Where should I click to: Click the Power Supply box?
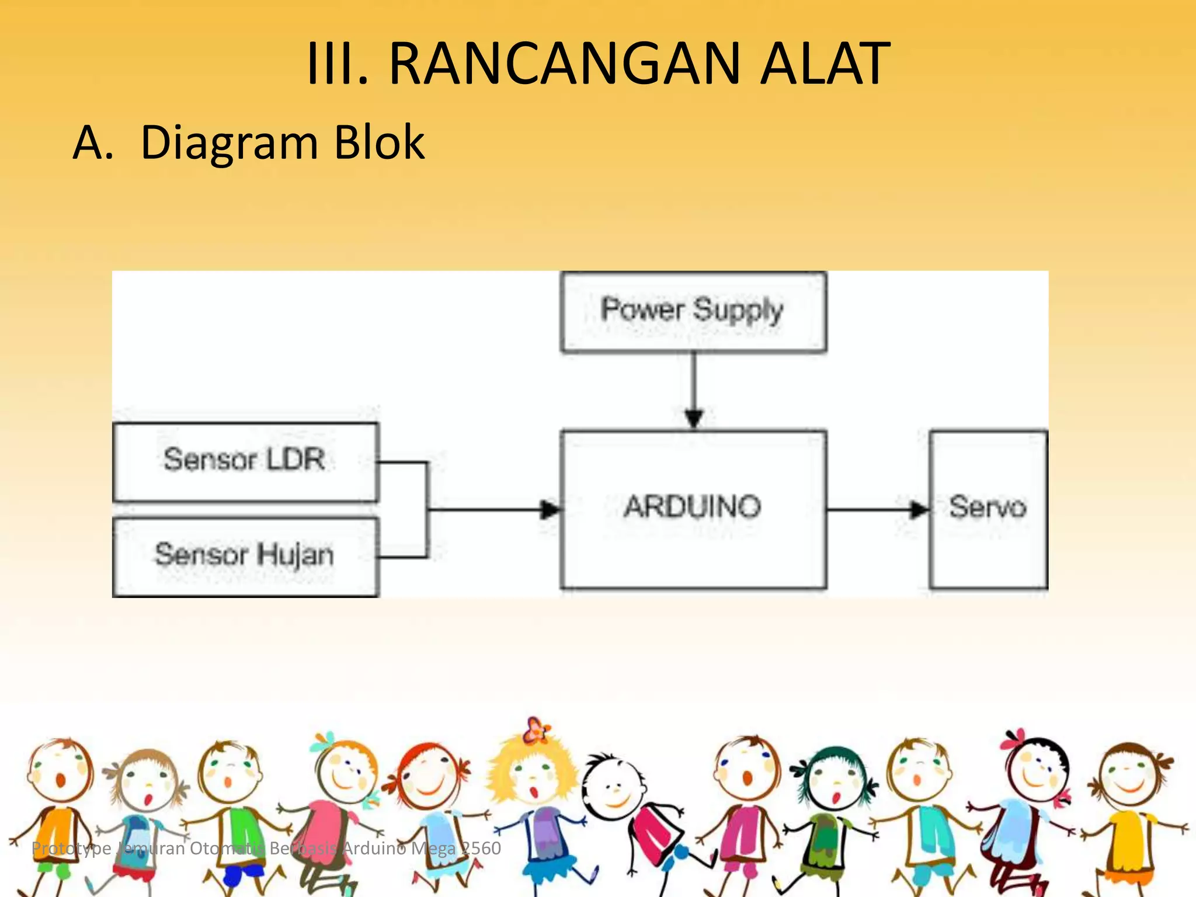pos(693,311)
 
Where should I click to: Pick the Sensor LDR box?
pos(245,461)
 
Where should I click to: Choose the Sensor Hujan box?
pos(245,556)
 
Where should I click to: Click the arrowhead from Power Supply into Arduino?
pos(693,418)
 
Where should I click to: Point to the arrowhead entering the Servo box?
pos(919,510)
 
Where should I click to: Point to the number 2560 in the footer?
pos(481,848)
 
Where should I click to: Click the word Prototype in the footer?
pos(71,848)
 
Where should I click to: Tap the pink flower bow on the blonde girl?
pos(536,730)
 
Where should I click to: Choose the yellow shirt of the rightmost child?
pos(1127,841)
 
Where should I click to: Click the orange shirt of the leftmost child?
pos(57,832)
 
